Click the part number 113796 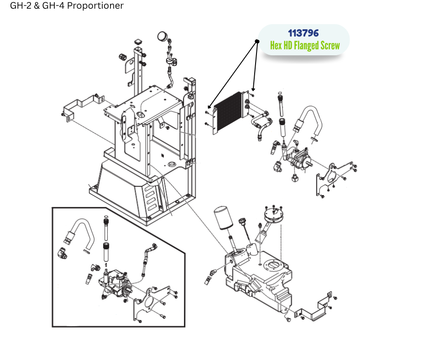point(303,33)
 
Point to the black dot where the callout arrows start point(257,42)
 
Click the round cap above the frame point(162,36)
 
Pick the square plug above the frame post point(138,42)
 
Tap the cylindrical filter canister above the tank point(224,220)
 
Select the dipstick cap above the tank point(241,222)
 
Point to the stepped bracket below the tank point(315,308)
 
